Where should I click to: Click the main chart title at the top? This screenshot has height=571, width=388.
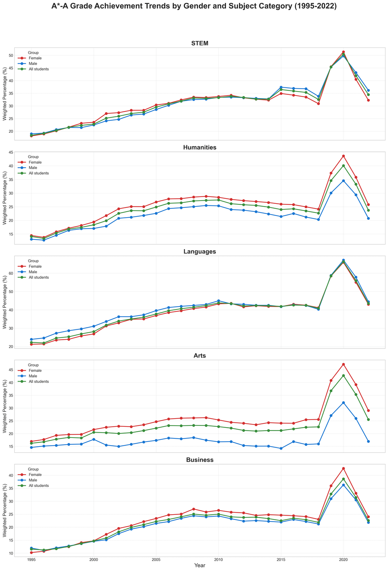click(x=194, y=6)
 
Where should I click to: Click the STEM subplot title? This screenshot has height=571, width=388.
click(x=200, y=44)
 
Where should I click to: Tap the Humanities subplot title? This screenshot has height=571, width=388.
click(x=200, y=147)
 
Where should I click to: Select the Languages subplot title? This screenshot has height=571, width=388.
click(x=200, y=252)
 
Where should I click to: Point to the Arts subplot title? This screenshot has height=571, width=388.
click(x=200, y=356)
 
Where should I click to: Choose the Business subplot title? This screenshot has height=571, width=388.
click(x=200, y=460)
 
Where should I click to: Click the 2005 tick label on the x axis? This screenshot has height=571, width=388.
click(x=156, y=560)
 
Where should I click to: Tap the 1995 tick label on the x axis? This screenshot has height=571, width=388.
click(x=31, y=560)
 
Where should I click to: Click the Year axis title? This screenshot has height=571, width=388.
click(x=200, y=566)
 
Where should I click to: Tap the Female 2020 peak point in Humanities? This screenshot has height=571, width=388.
click(x=343, y=156)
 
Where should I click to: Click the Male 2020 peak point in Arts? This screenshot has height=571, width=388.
click(x=343, y=403)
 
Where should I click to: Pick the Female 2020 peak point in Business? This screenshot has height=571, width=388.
click(x=343, y=469)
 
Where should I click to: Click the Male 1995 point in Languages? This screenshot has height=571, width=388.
click(x=31, y=339)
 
